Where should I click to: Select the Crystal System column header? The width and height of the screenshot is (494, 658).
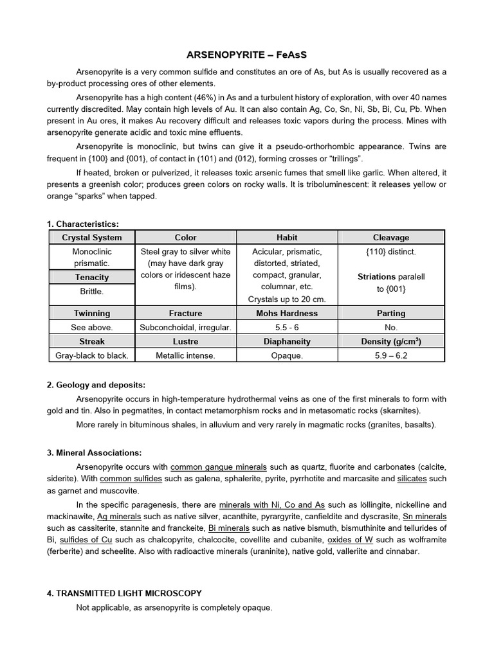click(x=91, y=237)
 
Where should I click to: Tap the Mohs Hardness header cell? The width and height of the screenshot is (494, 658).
click(x=288, y=313)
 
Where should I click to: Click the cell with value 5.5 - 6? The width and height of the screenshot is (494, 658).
click(x=288, y=327)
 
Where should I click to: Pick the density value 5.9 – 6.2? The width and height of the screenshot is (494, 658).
click(x=391, y=355)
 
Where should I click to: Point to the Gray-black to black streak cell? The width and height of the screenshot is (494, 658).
click(x=91, y=355)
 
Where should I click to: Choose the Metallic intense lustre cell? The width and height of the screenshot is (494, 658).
click(x=185, y=355)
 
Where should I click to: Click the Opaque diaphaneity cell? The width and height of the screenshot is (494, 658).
click(x=288, y=355)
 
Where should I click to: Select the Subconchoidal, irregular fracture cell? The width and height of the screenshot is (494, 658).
click(x=185, y=327)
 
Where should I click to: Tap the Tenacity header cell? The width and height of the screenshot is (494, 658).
click(x=91, y=277)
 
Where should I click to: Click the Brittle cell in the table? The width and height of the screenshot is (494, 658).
click(x=91, y=291)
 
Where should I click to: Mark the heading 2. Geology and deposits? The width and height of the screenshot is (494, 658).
click(x=96, y=385)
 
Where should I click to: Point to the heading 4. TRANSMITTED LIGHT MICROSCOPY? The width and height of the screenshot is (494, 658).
click(x=124, y=593)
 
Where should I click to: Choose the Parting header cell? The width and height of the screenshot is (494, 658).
click(x=391, y=313)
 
